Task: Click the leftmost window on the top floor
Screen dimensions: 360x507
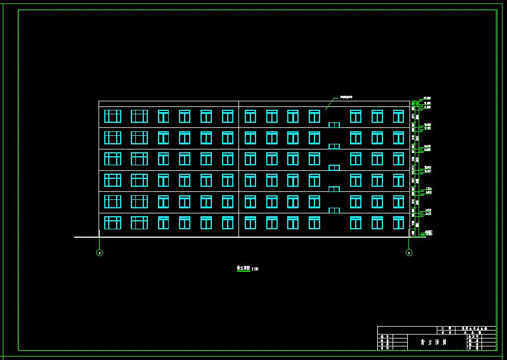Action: [x=113, y=116]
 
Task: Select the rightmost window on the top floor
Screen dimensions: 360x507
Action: [x=398, y=116]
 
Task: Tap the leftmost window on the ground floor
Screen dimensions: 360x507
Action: [x=113, y=222]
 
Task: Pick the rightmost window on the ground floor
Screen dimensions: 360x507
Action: [x=398, y=222]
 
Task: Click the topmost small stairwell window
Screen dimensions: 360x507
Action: [x=334, y=125]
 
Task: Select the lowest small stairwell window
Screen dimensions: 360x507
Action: [x=334, y=210]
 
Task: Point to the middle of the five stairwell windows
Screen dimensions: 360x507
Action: [x=334, y=168]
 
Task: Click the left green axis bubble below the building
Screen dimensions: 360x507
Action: [x=100, y=252]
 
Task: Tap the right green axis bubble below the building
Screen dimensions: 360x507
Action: [x=409, y=252]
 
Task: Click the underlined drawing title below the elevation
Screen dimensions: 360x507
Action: [x=243, y=268]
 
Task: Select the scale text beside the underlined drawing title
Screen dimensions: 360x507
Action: [x=255, y=269]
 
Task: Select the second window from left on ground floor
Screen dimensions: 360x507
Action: [x=139, y=222]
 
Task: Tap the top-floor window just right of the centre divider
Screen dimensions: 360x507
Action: [x=250, y=116]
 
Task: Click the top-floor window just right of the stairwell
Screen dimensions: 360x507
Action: [x=355, y=116]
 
